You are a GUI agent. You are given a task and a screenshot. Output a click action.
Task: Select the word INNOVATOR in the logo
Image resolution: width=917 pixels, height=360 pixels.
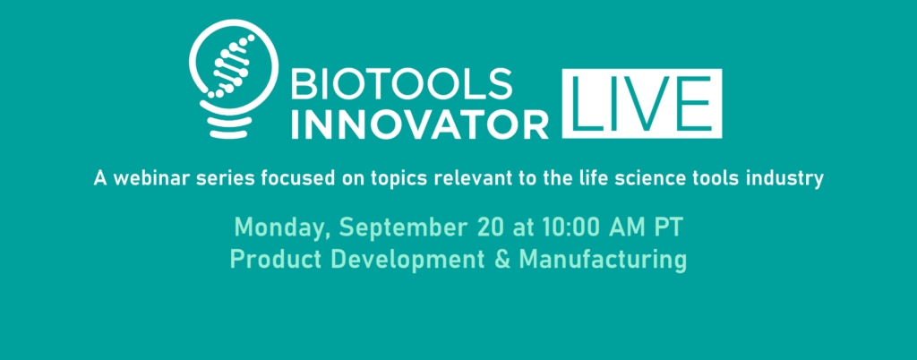coord(420,124)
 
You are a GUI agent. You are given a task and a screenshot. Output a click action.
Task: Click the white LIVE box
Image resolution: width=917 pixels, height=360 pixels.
coord(641,104)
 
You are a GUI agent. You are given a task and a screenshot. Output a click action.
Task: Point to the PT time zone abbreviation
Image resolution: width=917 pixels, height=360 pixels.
coord(668,227)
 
